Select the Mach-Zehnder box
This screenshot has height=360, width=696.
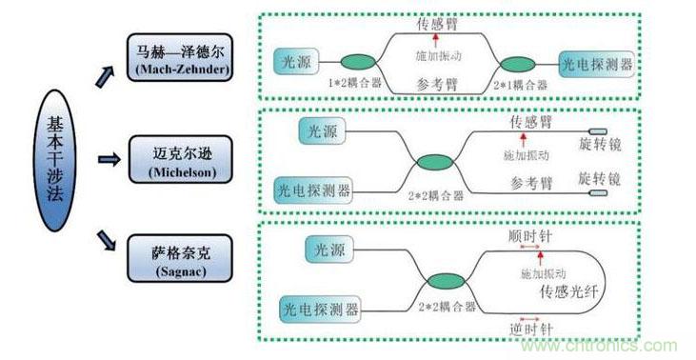(178, 57)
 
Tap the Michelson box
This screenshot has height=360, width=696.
(178, 160)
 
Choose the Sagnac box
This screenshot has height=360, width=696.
(178, 259)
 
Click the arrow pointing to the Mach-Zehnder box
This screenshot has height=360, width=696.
(105, 72)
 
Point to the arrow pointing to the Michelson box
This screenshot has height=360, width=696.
(109, 160)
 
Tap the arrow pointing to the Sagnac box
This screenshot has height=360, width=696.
(106, 243)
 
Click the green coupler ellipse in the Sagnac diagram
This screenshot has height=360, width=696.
(444, 282)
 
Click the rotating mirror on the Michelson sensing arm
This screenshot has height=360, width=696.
(600, 131)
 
